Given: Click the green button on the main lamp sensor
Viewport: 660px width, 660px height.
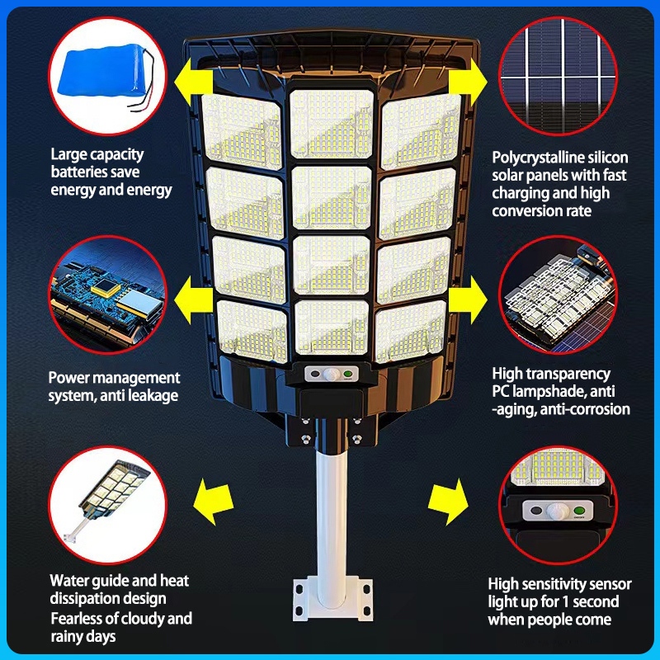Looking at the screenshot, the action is pyautogui.click(x=347, y=374).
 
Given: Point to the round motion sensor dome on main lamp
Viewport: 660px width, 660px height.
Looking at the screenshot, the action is pyautogui.click(x=332, y=374).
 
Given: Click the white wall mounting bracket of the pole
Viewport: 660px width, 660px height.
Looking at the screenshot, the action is pyautogui.click(x=332, y=599).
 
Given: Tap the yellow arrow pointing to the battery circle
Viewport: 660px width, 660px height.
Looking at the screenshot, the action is pyautogui.click(x=193, y=82).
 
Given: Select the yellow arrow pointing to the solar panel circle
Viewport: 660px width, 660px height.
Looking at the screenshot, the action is pyautogui.click(x=468, y=82).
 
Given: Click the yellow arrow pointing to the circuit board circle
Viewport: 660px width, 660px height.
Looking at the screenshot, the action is pyautogui.click(x=193, y=300).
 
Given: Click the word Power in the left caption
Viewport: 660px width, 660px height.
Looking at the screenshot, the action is pyautogui.click(x=69, y=378).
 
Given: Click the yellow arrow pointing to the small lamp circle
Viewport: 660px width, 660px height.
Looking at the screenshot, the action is pyautogui.click(x=214, y=502).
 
